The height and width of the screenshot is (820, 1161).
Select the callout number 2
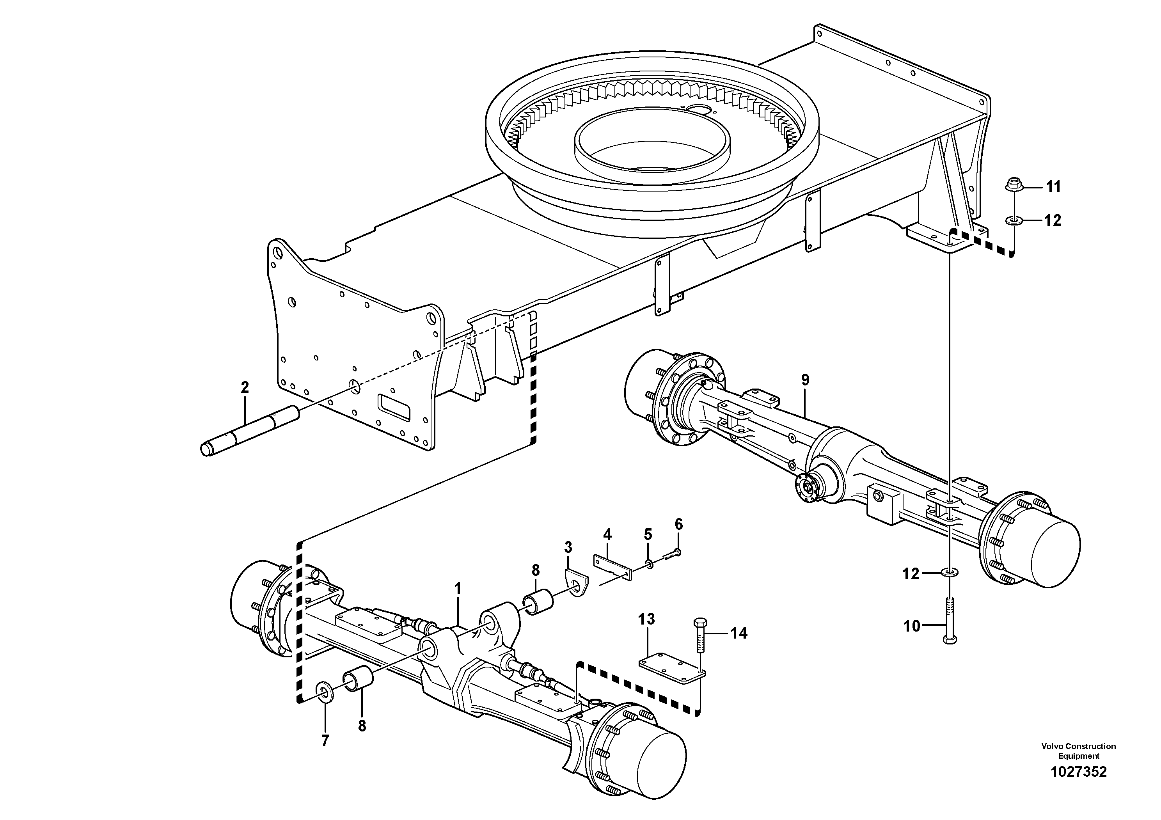pyautogui.click(x=245, y=388)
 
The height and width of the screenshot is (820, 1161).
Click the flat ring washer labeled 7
pyautogui.click(x=324, y=692)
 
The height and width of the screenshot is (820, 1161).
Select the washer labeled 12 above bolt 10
pyautogui.click(x=950, y=573)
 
